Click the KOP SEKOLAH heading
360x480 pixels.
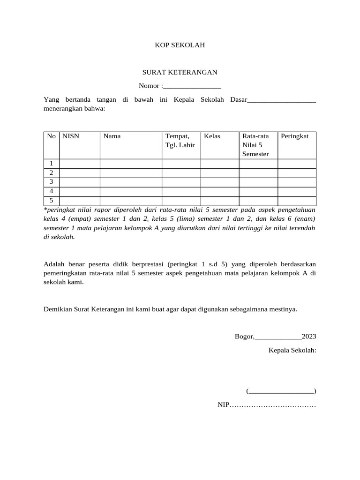tap(180, 45)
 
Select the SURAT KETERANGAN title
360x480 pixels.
tap(180, 72)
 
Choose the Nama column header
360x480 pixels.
tap(112, 136)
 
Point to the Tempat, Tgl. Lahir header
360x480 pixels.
tap(180, 141)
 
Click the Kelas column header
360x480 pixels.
tap(212, 136)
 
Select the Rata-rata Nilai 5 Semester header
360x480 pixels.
tap(256, 145)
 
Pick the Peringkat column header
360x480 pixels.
tap(295, 136)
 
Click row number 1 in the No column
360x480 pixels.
tap(51, 163)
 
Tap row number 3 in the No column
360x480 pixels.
tap(51, 182)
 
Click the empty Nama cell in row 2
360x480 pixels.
tap(131, 172)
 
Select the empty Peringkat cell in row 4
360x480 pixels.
tap(297, 191)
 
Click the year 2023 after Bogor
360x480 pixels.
tap(309, 337)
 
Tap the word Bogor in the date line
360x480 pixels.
tap(244, 337)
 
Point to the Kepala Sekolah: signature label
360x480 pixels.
tap(292, 350)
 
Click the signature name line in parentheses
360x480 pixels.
tap(281, 391)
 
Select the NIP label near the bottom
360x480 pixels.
tap(222, 405)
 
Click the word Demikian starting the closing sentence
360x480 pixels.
tap(58, 309)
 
